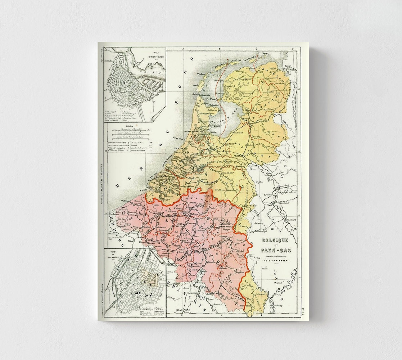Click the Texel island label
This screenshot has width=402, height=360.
coord(195,86)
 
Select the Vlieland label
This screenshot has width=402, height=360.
coord(201,74)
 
